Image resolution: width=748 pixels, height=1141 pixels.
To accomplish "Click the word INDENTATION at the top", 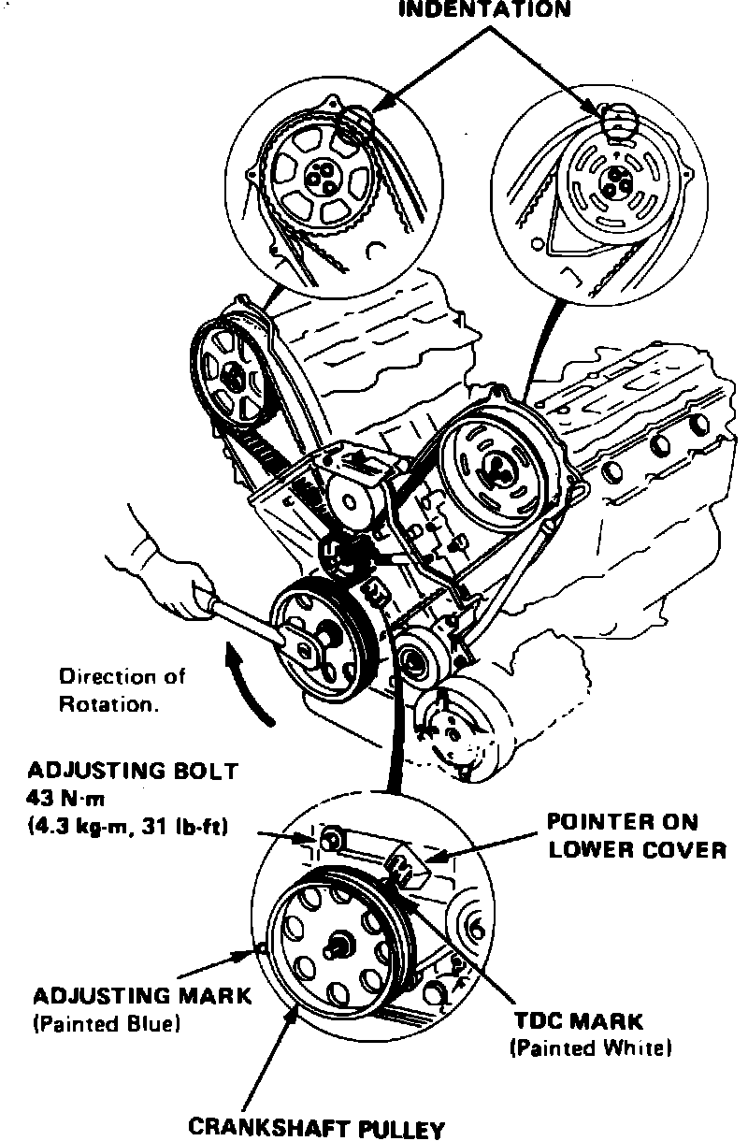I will coord(484,11).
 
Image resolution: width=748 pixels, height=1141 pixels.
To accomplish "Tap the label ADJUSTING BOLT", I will coord(133,772).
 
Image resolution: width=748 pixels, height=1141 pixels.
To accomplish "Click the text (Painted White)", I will coord(591,1048).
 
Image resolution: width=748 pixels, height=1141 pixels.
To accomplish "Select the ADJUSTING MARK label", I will coord(142,995).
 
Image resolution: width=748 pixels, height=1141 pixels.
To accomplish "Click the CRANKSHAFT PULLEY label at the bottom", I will coord(316,1127).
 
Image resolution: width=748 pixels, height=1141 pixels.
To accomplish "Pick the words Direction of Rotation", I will coord(122,689).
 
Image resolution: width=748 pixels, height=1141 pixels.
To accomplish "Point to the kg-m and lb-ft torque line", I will coord(130,827).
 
